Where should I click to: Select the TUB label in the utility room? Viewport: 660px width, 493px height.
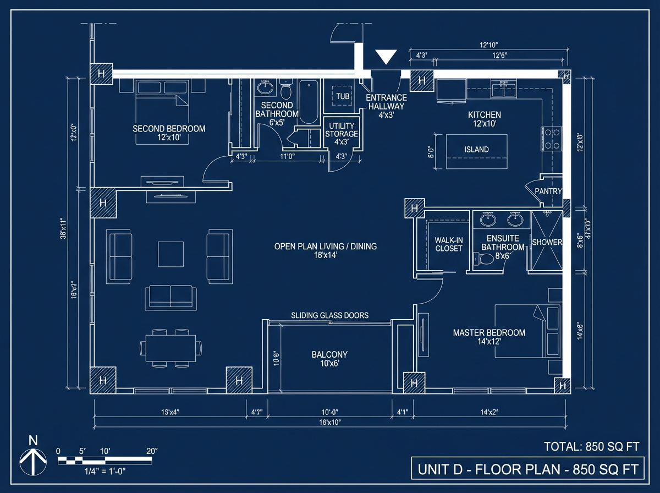[x=343, y=96]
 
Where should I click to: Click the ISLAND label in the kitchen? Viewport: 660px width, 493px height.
[x=476, y=150]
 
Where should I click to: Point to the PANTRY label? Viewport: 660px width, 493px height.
[x=548, y=191]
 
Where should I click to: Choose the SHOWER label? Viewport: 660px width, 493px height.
[x=547, y=243]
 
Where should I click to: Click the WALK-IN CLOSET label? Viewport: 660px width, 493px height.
[x=449, y=244]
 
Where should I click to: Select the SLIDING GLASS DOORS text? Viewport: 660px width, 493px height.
[x=329, y=315]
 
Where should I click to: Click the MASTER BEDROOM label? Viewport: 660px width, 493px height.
[x=489, y=337]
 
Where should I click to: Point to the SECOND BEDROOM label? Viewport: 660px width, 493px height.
[x=169, y=133]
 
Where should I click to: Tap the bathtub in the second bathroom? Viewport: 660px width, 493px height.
[x=308, y=102]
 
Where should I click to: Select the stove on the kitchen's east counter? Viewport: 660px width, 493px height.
[x=552, y=139]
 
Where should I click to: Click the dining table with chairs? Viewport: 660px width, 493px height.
[x=170, y=348]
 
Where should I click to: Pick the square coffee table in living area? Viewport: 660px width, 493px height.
[x=170, y=254]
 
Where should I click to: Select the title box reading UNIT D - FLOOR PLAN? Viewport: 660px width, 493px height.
[x=527, y=470]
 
